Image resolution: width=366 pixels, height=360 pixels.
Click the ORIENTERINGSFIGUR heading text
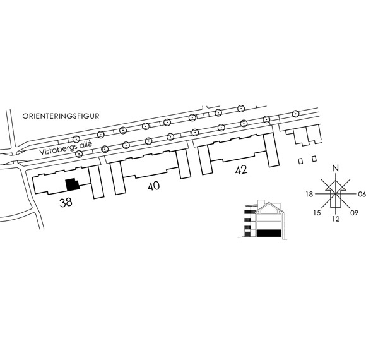point(61,116)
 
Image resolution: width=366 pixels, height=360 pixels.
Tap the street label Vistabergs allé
point(66,148)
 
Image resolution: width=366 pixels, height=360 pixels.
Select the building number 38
point(66,202)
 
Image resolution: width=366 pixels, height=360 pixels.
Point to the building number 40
point(153,186)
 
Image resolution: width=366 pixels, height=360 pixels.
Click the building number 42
point(241,170)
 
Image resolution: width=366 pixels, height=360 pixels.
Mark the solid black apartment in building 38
point(73,184)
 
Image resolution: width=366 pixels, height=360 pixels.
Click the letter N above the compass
point(336,168)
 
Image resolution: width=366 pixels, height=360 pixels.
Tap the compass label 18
point(309,194)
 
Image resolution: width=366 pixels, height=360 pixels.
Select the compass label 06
point(362,194)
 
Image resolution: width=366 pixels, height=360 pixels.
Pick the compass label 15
point(317,213)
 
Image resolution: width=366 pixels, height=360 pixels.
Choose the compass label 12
point(336,219)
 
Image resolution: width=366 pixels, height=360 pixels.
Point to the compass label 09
point(354,213)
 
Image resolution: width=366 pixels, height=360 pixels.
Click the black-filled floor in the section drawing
point(268,233)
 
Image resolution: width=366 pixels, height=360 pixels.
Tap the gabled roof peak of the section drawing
point(269,203)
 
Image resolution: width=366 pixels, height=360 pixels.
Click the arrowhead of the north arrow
point(336,185)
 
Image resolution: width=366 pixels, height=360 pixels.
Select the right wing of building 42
point(271,150)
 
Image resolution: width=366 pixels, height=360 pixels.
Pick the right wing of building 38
point(96,183)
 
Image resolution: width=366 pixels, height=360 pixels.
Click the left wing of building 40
point(118,177)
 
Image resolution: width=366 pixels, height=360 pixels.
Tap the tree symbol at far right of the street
point(295,114)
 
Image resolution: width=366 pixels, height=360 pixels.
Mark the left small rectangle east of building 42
point(300,161)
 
